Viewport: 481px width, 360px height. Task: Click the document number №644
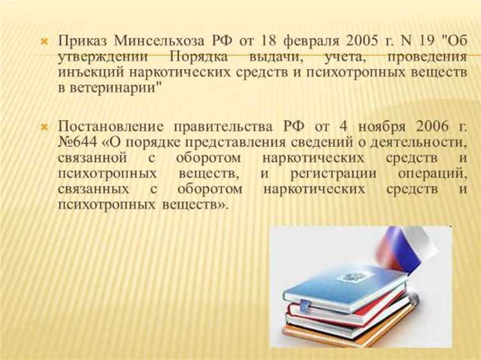pyautogui.click(x=76, y=142)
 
